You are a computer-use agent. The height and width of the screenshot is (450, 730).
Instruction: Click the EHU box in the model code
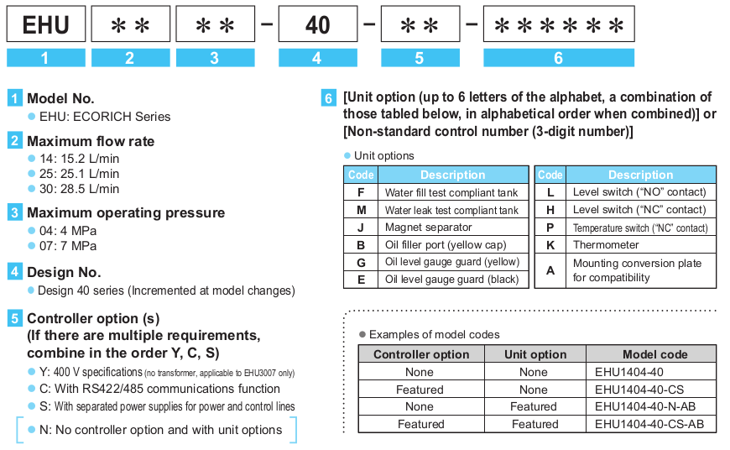pyautogui.click(x=45, y=25)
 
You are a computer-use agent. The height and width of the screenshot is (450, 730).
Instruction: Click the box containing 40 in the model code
pyautogui.click(x=317, y=25)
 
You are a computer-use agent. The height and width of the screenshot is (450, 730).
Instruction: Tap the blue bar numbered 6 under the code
pyautogui.click(x=558, y=59)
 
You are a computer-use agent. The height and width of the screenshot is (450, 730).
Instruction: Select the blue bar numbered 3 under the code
pyautogui.click(x=215, y=59)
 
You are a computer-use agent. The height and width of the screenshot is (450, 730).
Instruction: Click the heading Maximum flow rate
pyautogui.click(x=91, y=141)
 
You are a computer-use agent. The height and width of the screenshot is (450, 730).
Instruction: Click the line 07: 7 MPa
pyautogui.click(x=68, y=246)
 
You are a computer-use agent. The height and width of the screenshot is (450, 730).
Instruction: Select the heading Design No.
pyautogui.click(x=64, y=272)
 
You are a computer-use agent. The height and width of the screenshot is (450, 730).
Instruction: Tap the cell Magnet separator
pyautogui.click(x=428, y=227)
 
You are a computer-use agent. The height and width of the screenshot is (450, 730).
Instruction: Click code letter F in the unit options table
pyautogui.click(x=361, y=192)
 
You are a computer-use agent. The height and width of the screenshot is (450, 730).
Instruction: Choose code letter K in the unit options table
pyautogui.click(x=550, y=245)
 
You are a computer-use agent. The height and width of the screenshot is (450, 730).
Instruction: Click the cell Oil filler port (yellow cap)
pyautogui.click(x=446, y=244)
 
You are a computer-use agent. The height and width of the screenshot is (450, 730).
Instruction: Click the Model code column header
pyautogui.click(x=650, y=354)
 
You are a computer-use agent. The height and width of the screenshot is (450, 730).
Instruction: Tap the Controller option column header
pyautogui.click(x=421, y=354)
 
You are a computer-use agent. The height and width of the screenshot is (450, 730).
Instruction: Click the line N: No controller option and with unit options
pyautogui.click(x=160, y=430)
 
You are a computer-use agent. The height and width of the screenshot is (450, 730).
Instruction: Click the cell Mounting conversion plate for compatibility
pyautogui.click(x=637, y=270)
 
